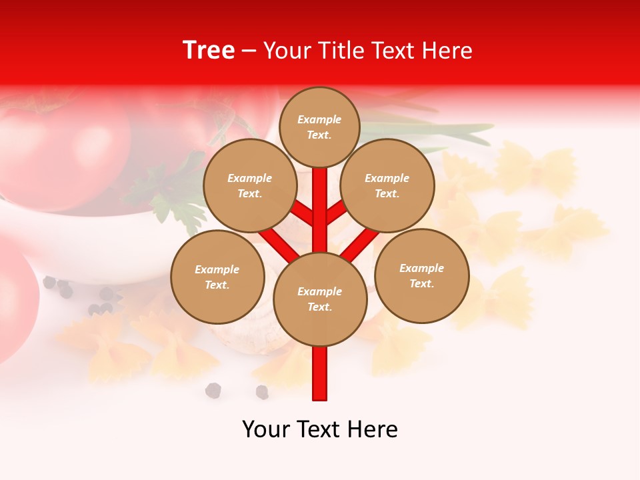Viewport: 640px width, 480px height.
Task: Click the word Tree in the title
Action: (x=209, y=50)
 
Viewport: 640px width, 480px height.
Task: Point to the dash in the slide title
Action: (x=249, y=51)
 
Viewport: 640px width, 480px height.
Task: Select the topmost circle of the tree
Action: (x=319, y=127)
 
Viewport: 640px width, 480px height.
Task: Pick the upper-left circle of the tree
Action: (x=250, y=185)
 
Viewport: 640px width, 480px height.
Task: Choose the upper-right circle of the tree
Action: (x=387, y=185)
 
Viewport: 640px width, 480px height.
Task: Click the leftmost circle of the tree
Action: (x=217, y=277)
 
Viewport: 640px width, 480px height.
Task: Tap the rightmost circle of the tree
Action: (x=422, y=275)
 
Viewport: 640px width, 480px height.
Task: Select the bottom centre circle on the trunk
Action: (x=320, y=299)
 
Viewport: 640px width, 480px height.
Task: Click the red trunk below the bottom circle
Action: (x=320, y=373)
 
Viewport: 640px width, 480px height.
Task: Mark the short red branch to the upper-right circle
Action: (x=337, y=212)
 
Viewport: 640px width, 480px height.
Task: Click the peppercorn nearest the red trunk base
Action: (x=262, y=392)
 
